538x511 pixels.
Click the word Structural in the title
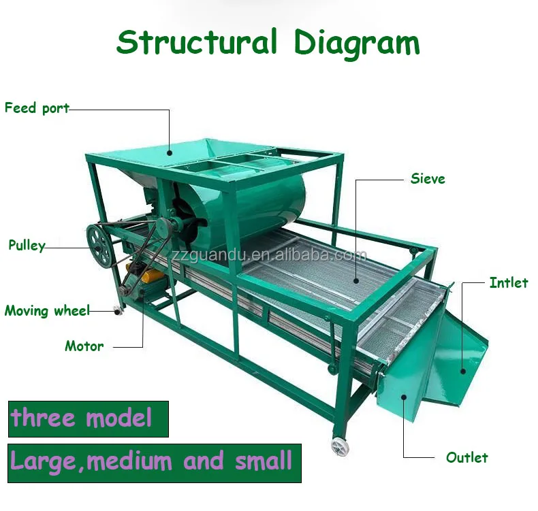point(197,42)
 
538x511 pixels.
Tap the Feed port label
point(37,108)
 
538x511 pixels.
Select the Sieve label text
point(428,179)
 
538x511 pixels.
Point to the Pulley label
point(27,246)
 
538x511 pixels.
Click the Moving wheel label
point(47,311)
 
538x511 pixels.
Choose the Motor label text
point(84,346)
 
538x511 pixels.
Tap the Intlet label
point(509,282)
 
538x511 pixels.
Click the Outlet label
point(467,457)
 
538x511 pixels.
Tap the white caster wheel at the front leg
point(339,446)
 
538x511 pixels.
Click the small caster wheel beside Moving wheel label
point(118,311)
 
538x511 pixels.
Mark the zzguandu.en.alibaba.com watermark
point(269,256)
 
